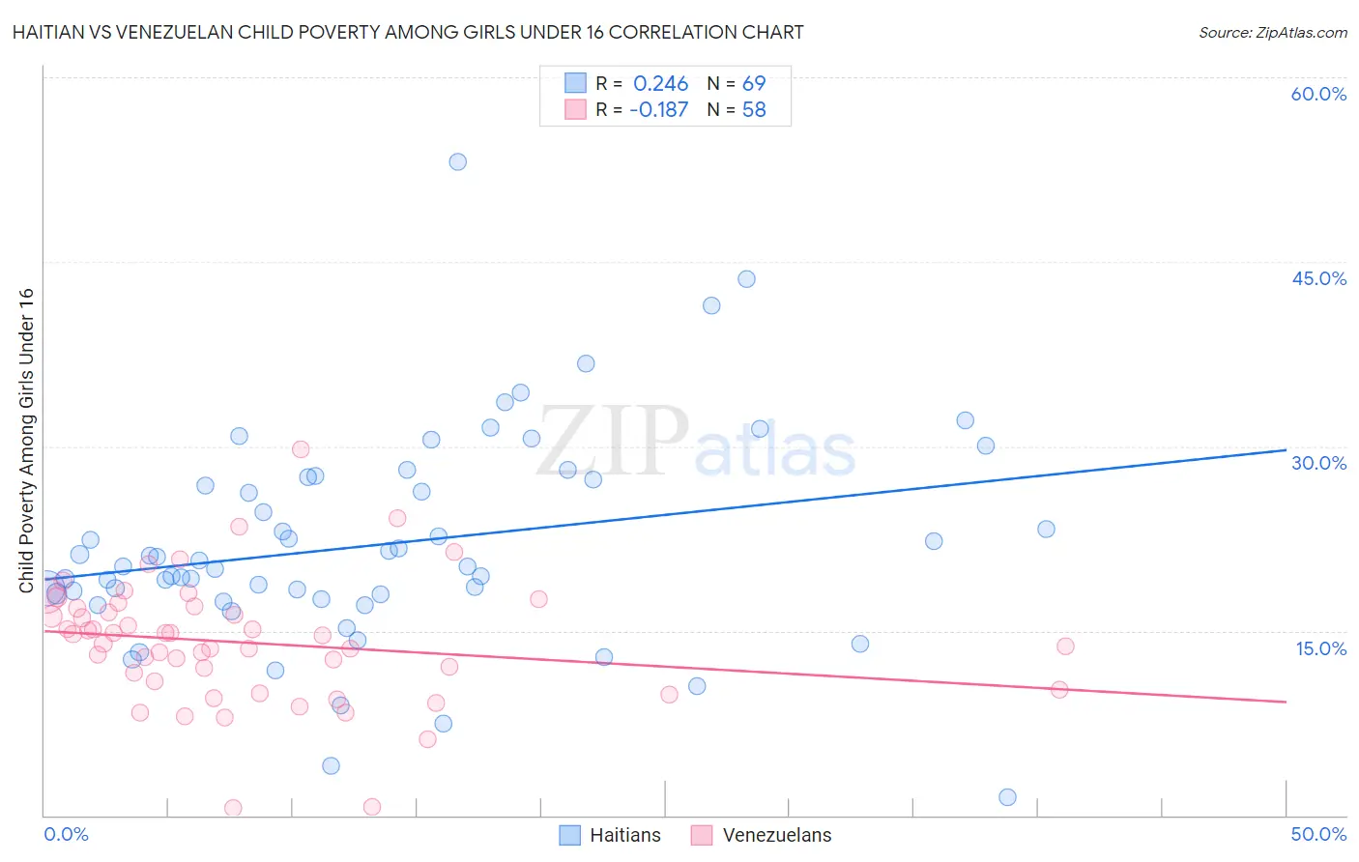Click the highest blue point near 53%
tap(458, 161)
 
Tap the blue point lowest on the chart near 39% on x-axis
tap(1007, 797)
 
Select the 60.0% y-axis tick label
tap(1318, 94)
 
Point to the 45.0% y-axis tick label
tap(1318, 278)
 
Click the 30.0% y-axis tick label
tap(1318, 463)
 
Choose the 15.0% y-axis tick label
tap(1320, 648)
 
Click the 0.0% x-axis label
tap(66, 834)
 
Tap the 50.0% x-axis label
tap(1318, 834)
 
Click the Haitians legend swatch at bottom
tap(570, 835)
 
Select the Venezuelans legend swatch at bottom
tap(702, 835)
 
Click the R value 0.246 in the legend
tap(660, 84)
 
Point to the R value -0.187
tap(658, 110)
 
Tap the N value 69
tap(754, 84)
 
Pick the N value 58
tap(754, 110)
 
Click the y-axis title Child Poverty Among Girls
tap(26, 441)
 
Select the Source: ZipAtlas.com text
tap(1272, 33)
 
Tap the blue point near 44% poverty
tap(746, 279)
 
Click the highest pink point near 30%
tap(301, 449)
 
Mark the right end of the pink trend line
tap(1286, 702)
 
